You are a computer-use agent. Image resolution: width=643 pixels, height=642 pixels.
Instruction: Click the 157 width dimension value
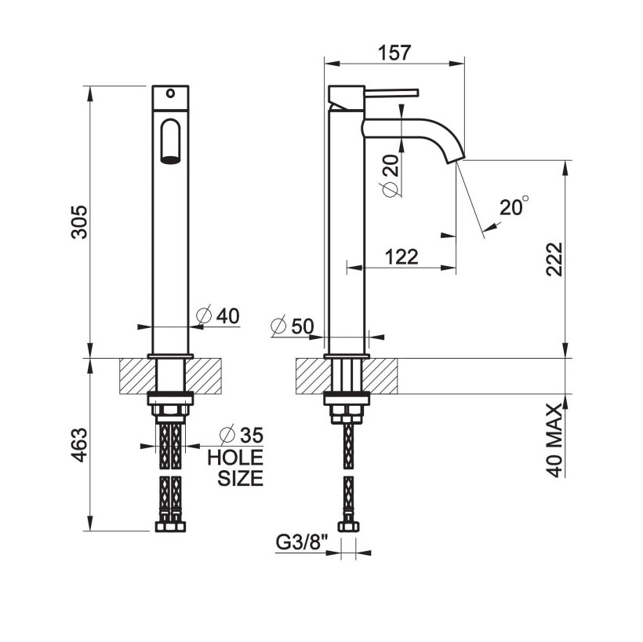pos(394,53)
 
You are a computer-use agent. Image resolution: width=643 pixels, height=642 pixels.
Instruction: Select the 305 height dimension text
pos(79,222)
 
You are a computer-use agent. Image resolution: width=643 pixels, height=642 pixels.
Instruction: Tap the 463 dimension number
pos(79,444)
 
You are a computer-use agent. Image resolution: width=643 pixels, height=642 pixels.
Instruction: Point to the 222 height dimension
pos(554,259)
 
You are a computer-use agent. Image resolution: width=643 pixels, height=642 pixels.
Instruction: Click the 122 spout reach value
pos(401,257)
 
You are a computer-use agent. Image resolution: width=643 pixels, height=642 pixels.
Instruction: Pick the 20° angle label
pos(514,207)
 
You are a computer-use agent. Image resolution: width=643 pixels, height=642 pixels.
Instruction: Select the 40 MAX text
pos(554,440)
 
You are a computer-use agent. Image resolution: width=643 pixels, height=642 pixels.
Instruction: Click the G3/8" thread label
pos(301,542)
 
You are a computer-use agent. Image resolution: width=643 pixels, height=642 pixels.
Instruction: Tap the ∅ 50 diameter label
pos(292,326)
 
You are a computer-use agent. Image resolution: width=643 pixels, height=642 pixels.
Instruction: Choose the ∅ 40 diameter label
pos(218,316)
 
